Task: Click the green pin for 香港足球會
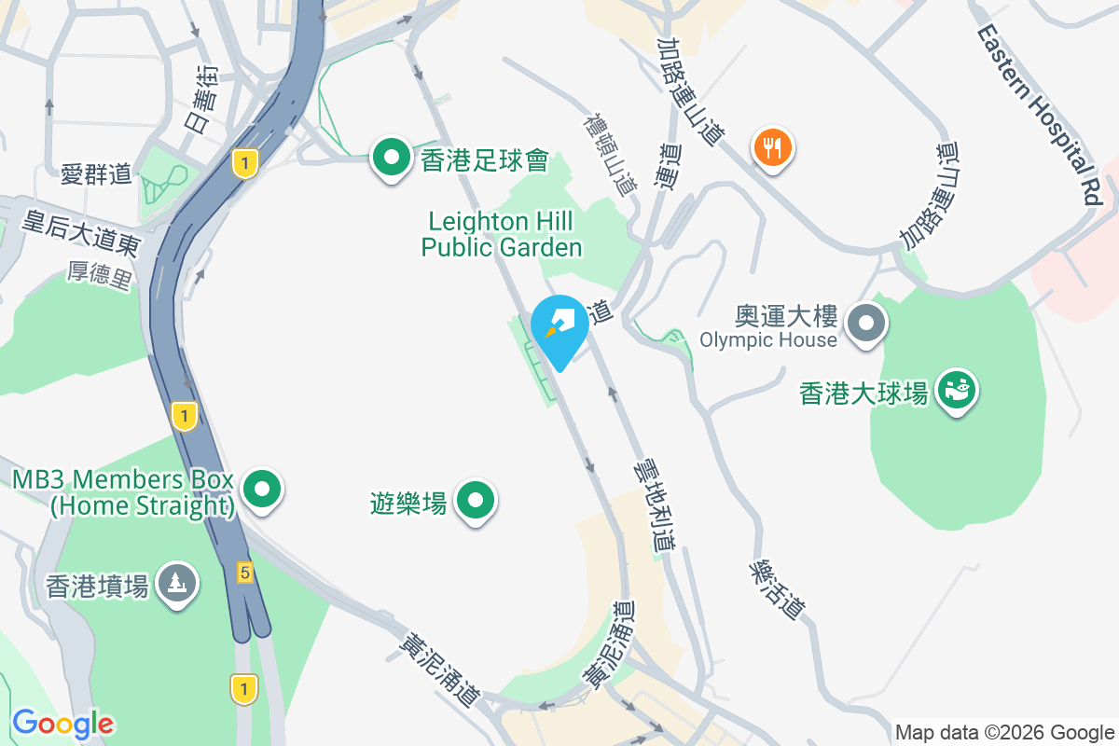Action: [393, 158]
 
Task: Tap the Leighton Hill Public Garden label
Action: [502, 234]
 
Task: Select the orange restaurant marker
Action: [772, 147]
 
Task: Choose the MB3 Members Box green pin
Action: [263, 489]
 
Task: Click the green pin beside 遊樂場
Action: [477, 501]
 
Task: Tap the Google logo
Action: [62, 724]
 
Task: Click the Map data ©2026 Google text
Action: [1004, 732]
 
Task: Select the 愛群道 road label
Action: [97, 174]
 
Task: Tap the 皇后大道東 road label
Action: [82, 233]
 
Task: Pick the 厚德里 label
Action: [100, 275]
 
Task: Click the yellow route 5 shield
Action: [244, 572]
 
